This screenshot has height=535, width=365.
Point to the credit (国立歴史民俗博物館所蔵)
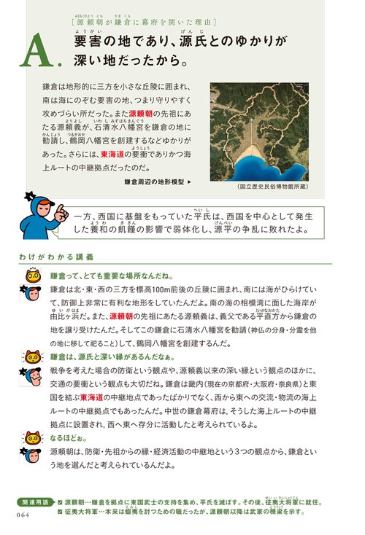point(274,186)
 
